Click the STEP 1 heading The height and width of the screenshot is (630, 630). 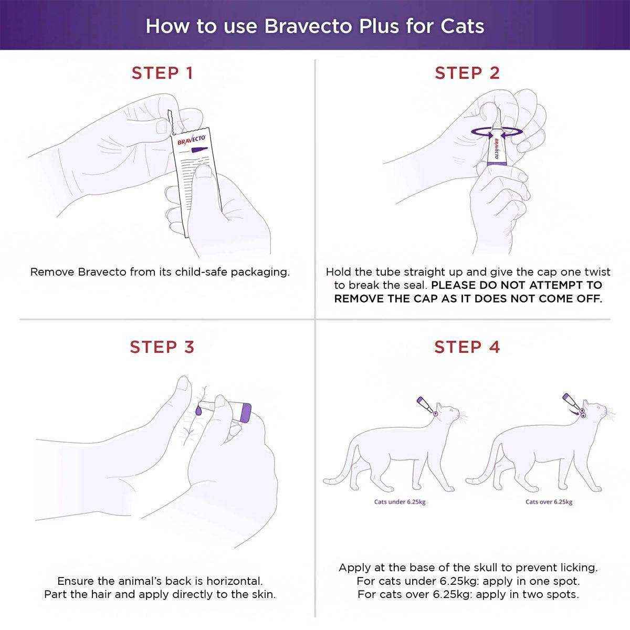162,73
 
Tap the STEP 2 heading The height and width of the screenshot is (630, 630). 467,73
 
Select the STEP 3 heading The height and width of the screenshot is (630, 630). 162,347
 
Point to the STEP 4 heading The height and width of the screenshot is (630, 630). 467,347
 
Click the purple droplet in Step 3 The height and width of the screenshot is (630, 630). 198,410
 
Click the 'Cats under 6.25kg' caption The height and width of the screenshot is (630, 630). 400,502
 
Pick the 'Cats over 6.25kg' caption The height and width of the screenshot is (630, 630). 549,502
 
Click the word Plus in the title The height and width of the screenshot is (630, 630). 386,26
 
